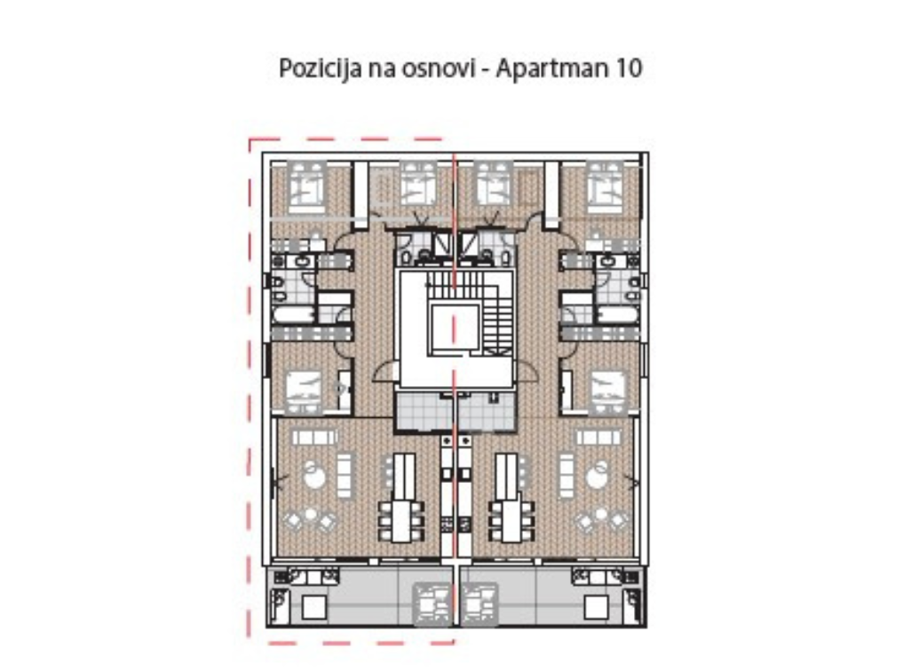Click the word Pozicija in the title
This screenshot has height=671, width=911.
click(319, 68)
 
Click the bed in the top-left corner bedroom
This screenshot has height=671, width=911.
click(306, 187)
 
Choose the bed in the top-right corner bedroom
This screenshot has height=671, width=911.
click(605, 187)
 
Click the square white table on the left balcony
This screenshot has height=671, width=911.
click(313, 608)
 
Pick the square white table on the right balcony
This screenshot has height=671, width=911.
click(597, 608)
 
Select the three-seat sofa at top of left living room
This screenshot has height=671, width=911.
click(314, 437)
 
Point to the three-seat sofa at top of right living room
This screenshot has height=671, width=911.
click(598, 437)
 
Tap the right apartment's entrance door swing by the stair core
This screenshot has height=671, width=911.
click(526, 371)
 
